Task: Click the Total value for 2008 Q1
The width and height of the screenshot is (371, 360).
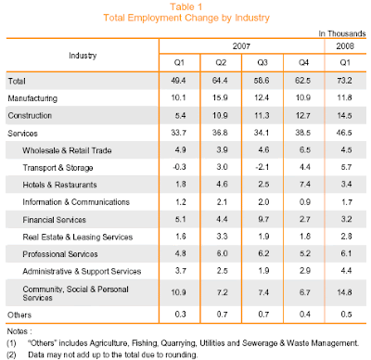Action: point(344,81)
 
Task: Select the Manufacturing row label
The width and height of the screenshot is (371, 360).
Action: point(32,98)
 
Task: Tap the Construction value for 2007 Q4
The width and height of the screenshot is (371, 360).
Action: point(303,116)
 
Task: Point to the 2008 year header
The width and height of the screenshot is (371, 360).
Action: point(345,46)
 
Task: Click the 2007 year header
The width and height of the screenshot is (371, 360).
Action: point(241,46)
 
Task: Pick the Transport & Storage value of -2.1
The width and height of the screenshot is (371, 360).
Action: point(262,167)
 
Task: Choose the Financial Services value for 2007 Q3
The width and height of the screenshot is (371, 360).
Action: point(263,219)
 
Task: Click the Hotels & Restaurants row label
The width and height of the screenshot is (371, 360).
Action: point(59,185)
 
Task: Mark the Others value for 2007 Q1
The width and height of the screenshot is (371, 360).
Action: point(180,315)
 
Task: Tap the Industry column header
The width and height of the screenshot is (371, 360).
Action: point(83,56)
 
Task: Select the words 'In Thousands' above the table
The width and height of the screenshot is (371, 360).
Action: point(342,33)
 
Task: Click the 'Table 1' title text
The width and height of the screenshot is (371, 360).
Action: point(186,6)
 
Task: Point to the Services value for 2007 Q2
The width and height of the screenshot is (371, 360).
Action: point(220,133)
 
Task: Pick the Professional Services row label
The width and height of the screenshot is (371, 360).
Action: point(60,254)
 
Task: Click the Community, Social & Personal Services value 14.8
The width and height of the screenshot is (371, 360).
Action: point(345,292)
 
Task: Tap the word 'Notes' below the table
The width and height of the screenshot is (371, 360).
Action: point(18,331)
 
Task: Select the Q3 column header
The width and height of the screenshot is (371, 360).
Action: point(262,63)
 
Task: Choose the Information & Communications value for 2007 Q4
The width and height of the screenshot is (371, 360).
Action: point(305,202)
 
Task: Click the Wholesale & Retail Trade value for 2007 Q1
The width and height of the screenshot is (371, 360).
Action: point(180,150)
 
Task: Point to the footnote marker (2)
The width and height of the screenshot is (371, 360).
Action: point(11,354)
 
